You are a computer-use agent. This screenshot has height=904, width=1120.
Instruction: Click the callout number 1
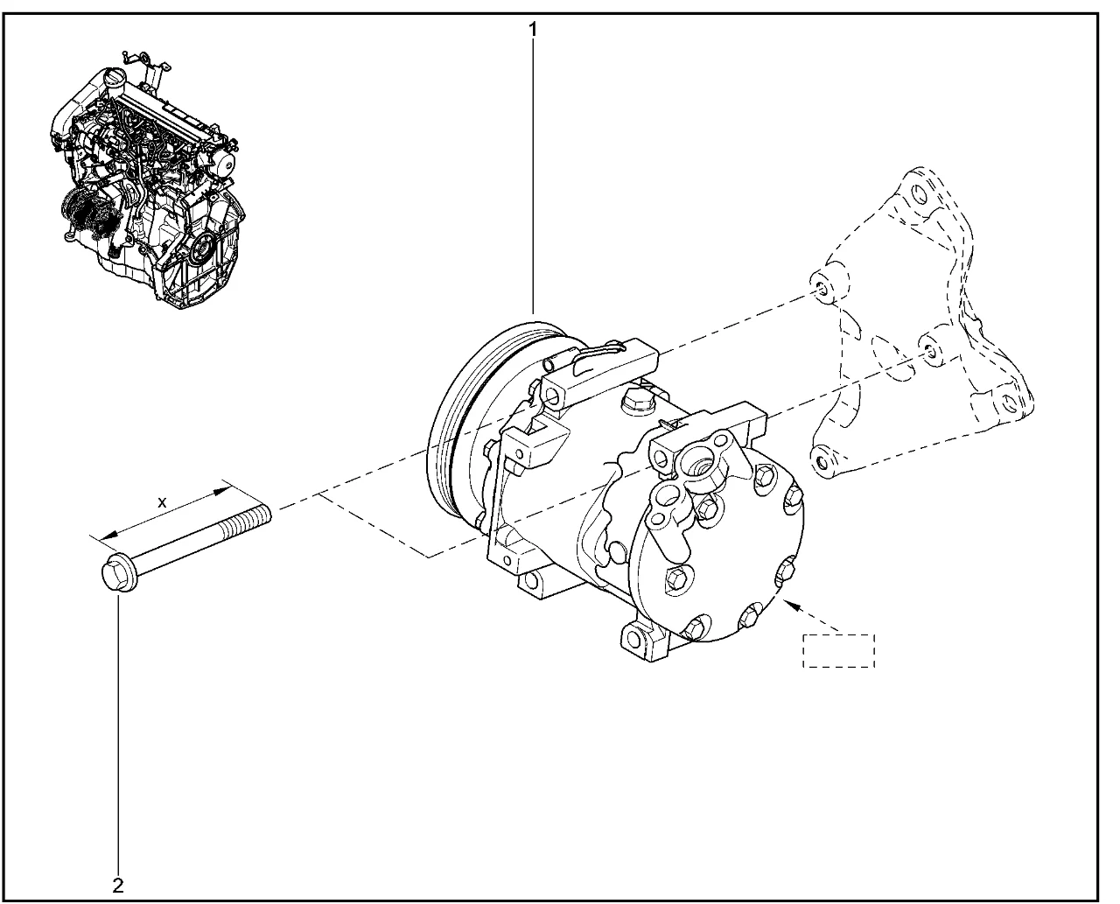point(533,30)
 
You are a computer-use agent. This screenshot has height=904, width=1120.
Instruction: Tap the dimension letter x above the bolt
point(162,502)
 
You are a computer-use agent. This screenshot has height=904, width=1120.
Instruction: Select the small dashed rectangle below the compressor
point(838,651)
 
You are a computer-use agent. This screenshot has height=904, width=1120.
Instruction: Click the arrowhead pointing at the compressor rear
point(793,606)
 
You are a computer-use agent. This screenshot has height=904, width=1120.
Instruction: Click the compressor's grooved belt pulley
point(463,421)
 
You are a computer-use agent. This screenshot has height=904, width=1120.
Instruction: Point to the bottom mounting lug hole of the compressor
point(634,638)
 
